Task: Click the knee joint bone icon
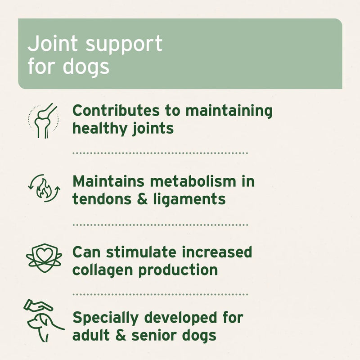coord(44,120)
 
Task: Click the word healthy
coord(96,128)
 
